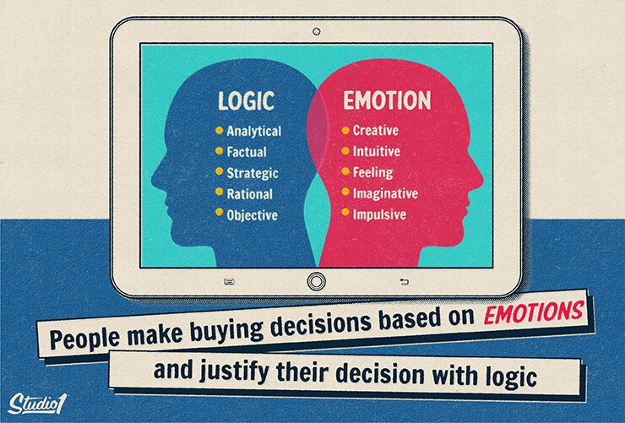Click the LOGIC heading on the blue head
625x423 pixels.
[x=246, y=100]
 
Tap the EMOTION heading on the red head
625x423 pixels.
[x=387, y=100]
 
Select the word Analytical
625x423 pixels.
[x=254, y=131]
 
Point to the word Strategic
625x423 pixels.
[x=253, y=173]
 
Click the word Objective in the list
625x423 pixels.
[x=252, y=215]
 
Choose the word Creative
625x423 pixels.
[x=376, y=130]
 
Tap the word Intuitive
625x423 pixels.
[x=377, y=151]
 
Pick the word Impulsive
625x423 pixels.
[x=379, y=214]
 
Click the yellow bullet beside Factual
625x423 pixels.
[x=219, y=151]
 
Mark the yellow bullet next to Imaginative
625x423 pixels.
[x=345, y=192]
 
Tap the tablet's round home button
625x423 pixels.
[x=316, y=281]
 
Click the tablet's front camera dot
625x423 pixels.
[x=317, y=31]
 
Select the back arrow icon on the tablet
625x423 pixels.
[x=405, y=282]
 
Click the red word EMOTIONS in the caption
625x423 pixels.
[x=534, y=312]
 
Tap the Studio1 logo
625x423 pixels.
[x=36, y=404]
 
